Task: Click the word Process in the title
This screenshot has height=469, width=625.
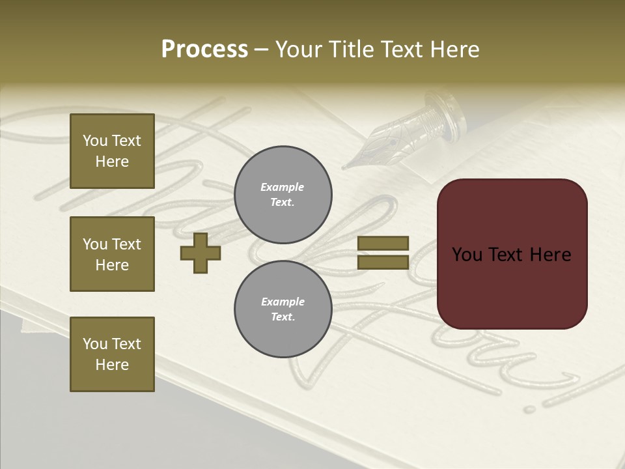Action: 204,50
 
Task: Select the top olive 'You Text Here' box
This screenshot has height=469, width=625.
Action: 112,151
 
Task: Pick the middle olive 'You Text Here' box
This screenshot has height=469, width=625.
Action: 112,254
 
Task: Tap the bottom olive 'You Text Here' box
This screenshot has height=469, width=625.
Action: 112,354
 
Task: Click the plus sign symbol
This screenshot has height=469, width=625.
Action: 201,253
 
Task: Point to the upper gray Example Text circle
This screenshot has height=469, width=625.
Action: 283,194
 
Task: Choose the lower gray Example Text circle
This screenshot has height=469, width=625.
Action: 283,309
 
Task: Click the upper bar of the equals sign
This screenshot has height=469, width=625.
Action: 383,244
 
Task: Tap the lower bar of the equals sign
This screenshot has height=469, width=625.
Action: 383,262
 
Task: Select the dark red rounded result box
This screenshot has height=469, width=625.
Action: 512,254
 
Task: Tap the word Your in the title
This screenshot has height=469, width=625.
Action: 299,50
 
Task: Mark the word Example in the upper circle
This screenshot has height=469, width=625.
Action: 283,187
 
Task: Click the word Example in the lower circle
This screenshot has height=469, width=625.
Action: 283,302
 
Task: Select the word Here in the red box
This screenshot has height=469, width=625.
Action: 550,255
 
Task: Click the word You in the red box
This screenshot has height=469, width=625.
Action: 467,255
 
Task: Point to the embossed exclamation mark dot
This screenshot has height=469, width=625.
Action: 530,410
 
